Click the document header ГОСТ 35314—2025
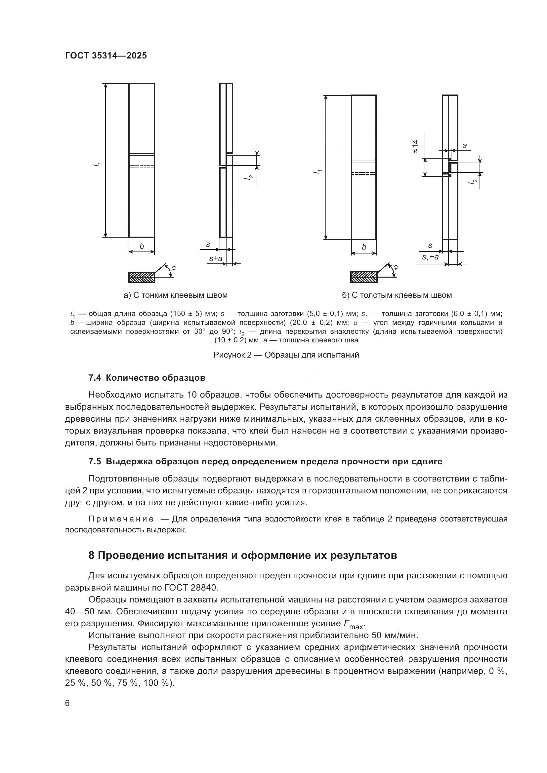(106, 56)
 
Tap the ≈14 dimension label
(415, 146)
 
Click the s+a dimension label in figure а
(216, 258)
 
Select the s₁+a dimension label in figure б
(430, 257)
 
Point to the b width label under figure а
(142, 247)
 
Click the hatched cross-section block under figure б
(364, 277)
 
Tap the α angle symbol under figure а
(173, 268)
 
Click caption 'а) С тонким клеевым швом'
(176, 295)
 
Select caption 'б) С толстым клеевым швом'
(397, 295)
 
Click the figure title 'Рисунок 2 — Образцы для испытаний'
(286, 355)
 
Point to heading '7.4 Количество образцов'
(147, 378)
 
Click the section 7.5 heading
(265, 461)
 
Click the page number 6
(67, 703)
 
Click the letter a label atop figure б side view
(464, 145)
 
